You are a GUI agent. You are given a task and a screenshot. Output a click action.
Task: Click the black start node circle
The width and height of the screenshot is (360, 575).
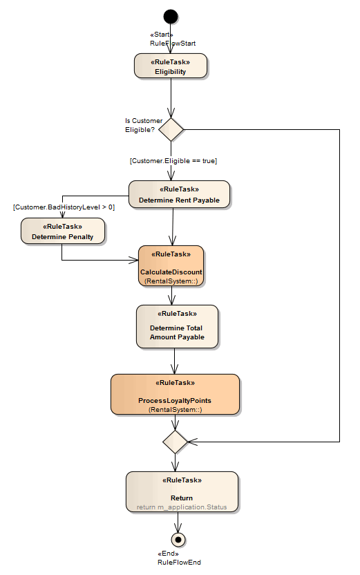pyautogui.click(x=170, y=16)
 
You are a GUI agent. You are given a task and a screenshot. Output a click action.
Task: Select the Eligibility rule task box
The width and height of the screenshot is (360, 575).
pyautogui.click(x=170, y=66)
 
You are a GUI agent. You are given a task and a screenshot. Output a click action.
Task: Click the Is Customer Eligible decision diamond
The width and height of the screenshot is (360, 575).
pyautogui.click(x=171, y=129)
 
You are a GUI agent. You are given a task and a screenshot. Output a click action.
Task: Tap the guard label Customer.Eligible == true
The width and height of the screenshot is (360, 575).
pyautogui.click(x=173, y=160)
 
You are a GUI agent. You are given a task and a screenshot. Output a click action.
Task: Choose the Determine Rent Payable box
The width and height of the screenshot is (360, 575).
pyautogui.click(x=179, y=194)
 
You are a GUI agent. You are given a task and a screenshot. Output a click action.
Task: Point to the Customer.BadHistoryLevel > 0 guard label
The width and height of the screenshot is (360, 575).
pyautogui.click(x=64, y=207)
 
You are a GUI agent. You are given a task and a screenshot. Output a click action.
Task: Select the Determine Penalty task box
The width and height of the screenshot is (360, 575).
pyautogui.click(x=62, y=231)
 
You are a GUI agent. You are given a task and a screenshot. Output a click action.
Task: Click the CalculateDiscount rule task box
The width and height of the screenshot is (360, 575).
pyautogui.click(x=171, y=266)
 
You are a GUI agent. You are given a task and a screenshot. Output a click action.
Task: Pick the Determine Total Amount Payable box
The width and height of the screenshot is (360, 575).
pyautogui.click(x=177, y=326)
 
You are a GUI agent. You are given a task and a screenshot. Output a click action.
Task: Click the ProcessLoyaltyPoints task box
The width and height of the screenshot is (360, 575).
pyautogui.click(x=175, y=395)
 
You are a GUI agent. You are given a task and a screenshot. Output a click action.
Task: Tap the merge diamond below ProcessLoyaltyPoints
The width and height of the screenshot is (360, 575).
pyautogui.click(x=175, y=440)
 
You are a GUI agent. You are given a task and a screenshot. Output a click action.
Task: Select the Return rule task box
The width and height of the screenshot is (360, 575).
pyautogui.click(x=182, y=491)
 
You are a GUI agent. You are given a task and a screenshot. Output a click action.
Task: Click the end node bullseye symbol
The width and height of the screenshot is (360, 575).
pyautogui.click(x=178, y=539)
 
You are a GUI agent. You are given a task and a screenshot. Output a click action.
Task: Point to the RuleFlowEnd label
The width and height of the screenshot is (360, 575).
pyautogui.click(x=179, y=563)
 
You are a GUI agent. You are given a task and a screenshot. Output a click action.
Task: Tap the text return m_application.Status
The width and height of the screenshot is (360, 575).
pyautogui.click(x=182, y=507)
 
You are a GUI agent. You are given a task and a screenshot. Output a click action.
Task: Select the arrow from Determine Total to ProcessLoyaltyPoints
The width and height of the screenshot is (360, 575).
pyautogui.click(x=175, y=361)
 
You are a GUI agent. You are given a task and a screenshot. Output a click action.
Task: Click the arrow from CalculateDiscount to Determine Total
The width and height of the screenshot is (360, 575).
pyautogui.click(x=171, y=296)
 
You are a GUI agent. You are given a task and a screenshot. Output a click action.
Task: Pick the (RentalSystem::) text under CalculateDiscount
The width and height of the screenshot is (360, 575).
pyautogui.click(x=171, y=281)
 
